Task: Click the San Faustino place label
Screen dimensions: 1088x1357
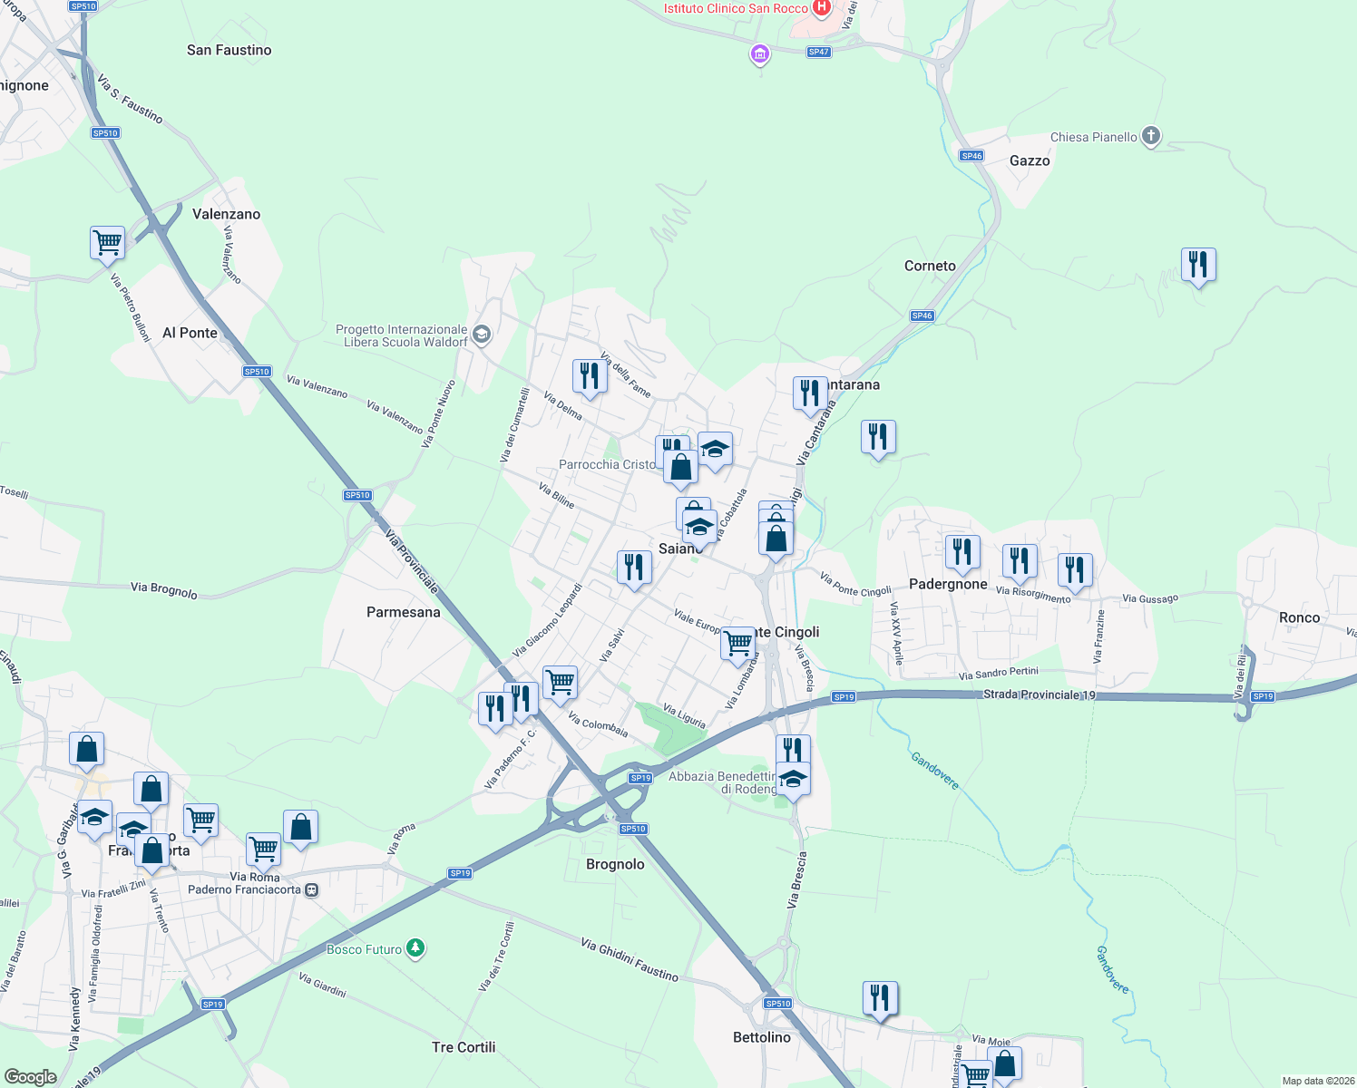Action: click(229, 50)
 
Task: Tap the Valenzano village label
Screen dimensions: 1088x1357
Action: click(226, 214)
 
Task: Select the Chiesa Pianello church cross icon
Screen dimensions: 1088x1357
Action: click(1151, 137)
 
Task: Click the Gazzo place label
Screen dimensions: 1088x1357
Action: click(1030, 160)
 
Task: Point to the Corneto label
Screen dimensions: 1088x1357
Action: click(930, 266)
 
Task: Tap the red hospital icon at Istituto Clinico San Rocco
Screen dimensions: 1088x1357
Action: click(822, 8)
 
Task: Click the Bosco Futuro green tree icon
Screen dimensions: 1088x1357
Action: click(415, 948)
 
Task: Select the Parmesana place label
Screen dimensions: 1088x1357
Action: click(403, 612)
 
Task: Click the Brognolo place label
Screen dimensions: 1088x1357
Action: click(615, 864)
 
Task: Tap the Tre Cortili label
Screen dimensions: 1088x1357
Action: click(464, 1047)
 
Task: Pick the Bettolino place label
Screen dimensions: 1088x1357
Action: click(761, 1037)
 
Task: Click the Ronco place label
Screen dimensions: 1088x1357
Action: click(1299, 617)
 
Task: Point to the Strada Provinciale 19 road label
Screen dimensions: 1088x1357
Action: click(1040, 695)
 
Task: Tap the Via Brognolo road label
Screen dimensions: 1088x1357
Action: click(164, 589)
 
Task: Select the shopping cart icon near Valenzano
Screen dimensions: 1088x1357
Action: click(108, 243)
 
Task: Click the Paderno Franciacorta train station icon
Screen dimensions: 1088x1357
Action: click(312, 889)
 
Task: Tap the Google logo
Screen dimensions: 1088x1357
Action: click(30, 1077)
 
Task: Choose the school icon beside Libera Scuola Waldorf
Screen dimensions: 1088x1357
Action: click(482, 335)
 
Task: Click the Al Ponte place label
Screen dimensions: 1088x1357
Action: click(190, 333)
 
